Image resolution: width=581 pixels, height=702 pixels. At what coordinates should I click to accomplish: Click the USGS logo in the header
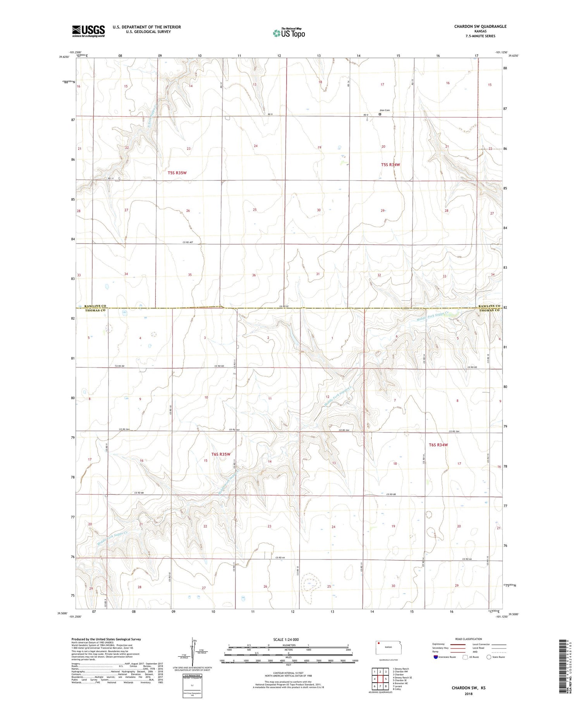88,31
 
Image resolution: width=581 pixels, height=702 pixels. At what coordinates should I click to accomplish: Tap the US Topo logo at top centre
289,33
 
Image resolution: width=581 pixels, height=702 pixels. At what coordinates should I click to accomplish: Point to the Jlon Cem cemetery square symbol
380,114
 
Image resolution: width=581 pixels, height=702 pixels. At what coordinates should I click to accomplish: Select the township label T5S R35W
177,173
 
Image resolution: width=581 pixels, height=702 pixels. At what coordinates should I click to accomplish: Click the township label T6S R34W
438,445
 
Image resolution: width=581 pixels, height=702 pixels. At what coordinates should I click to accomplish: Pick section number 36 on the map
254,275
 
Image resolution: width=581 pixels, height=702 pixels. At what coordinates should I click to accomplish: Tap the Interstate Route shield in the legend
436,657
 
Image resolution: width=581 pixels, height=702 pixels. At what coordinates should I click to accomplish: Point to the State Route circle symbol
489,657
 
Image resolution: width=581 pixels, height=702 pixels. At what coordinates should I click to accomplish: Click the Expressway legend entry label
438,644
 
